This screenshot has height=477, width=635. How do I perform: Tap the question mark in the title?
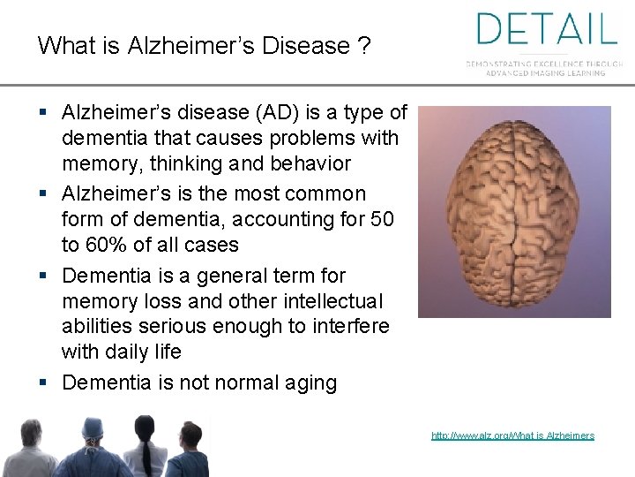(x=364, y=45)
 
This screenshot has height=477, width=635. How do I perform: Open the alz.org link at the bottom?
(x=512, y=435)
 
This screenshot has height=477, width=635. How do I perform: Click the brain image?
(x=514, y=212)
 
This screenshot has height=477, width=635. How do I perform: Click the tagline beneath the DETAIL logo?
(x=545, y=68)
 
